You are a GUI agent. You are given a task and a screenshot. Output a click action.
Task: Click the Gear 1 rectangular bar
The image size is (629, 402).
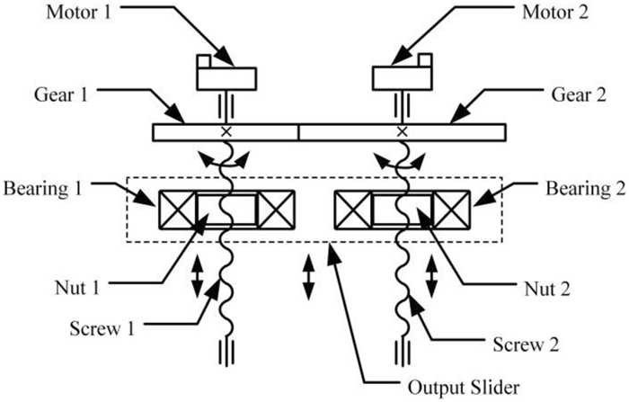pos(225,132)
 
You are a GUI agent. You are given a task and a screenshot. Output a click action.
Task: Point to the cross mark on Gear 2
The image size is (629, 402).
pos(401,132)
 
